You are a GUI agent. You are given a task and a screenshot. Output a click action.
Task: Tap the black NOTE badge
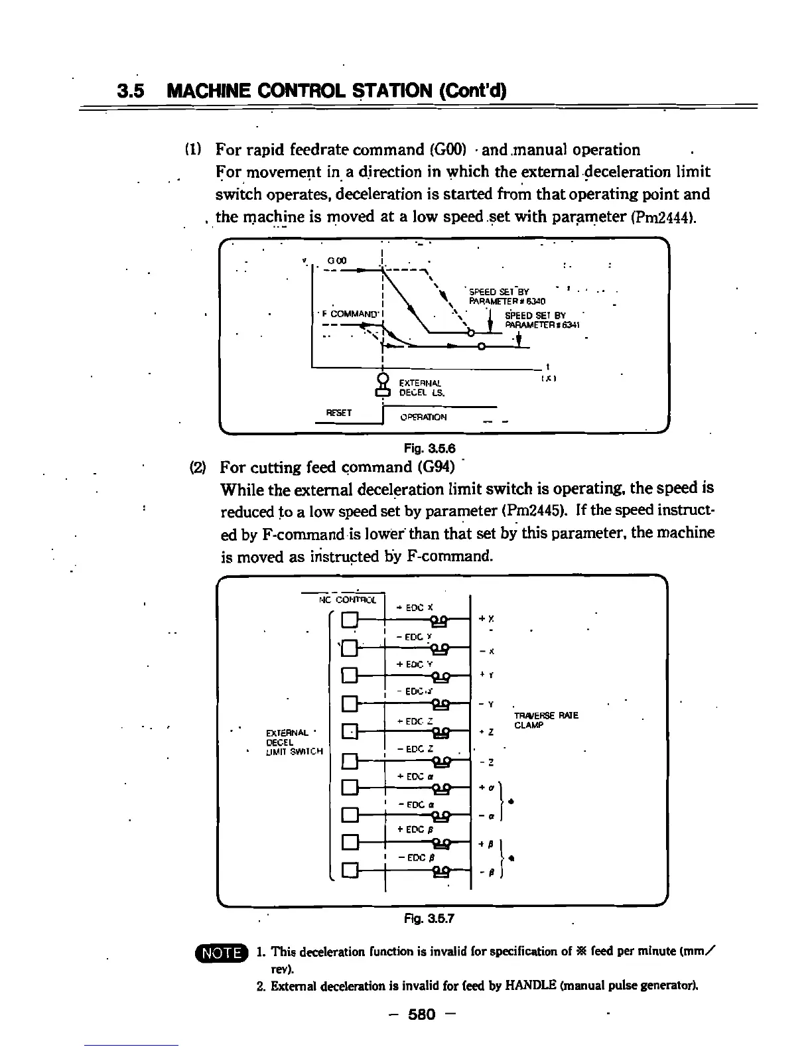click(222, 953)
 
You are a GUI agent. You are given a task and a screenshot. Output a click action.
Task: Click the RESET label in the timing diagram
click(338, 412)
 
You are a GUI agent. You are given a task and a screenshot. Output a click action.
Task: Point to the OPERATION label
click(423, 417)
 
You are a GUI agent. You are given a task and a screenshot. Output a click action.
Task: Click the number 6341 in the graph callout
click(571, 324)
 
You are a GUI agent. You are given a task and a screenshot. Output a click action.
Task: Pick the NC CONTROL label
click(348, 600)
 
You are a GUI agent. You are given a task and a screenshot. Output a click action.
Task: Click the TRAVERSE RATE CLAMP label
click(546, 720)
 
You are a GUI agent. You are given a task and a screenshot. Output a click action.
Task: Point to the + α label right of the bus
click(485, 788)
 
